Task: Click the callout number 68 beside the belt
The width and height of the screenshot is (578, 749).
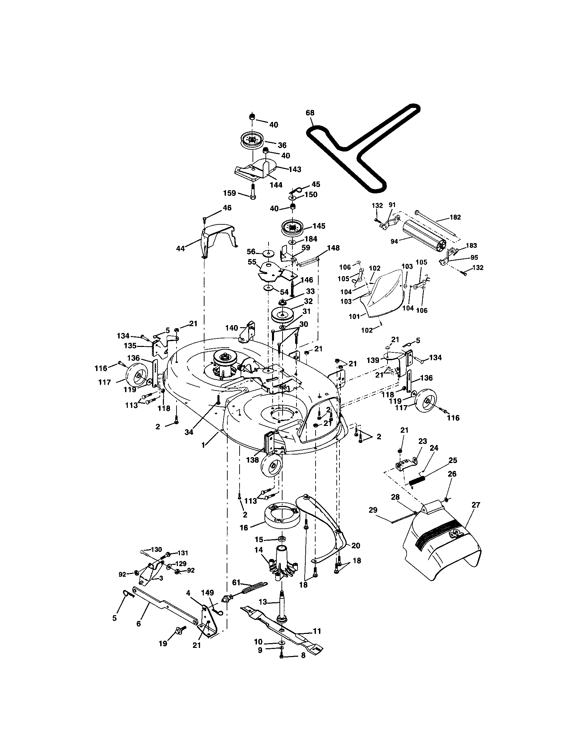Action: (310, 113)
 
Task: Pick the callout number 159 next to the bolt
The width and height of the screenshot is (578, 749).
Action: (230, 193)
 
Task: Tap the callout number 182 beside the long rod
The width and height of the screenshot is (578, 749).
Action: (455, 217)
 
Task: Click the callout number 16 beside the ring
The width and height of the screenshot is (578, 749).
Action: (244, 528)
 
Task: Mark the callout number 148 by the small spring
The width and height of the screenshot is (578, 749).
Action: (333, 248)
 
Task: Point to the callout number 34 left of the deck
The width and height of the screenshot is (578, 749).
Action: (189, 432)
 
